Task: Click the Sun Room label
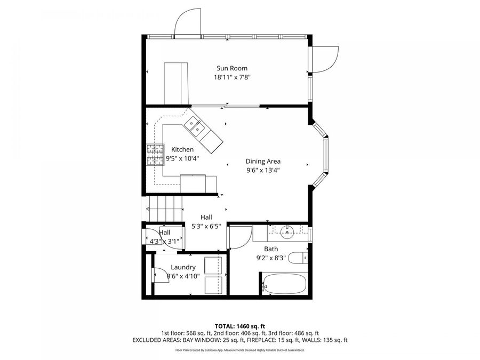pos(231,68)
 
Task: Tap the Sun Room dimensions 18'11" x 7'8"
pos(231,77)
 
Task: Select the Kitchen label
pos(182,149)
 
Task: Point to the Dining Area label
pos(263,161)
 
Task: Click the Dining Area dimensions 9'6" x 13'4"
pos(263,170)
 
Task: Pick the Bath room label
pos(271,249)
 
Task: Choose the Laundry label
pos(183,267)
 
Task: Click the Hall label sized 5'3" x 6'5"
pos(206,217)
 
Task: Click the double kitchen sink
pos(194,126)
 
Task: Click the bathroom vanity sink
pos(286,231)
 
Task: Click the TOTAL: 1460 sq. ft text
pos(240,325)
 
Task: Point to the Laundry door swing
pos(159,274)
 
